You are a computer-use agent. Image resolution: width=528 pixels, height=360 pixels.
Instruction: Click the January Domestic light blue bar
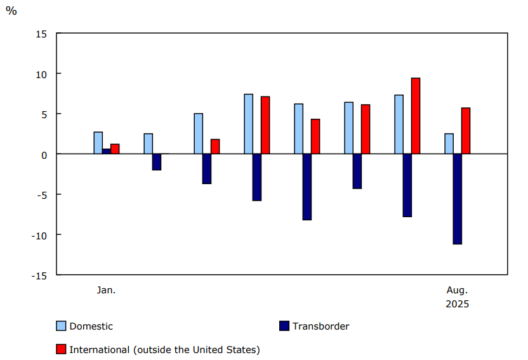[98, 143]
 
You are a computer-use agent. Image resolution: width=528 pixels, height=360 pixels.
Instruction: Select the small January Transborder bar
[107, 151]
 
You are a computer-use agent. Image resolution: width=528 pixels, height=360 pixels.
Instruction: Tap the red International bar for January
[115, 149]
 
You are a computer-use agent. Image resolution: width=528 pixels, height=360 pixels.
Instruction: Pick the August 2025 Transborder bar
[457, 199]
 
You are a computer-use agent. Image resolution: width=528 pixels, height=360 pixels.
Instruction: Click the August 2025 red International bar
[466, 131]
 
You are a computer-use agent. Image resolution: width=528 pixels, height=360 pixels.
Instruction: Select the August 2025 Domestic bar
[449, 143]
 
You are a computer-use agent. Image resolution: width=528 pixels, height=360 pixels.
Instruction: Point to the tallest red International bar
[416, 116]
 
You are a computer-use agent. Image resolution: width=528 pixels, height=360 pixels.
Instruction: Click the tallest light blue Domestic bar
[248, 124]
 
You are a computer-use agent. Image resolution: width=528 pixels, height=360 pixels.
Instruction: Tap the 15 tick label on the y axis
[40, 34]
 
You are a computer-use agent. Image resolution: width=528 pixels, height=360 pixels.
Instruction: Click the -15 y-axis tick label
[38, 275]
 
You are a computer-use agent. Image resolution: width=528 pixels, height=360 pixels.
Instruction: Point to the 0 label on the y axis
[43, 154]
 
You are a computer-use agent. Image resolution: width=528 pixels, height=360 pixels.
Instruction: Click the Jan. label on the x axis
[106, 290]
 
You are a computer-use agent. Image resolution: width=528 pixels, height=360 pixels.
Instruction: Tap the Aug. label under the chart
[457, 290]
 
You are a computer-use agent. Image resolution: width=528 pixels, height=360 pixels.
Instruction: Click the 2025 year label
[457, 304]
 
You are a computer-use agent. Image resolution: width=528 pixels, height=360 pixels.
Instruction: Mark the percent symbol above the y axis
[11, 11]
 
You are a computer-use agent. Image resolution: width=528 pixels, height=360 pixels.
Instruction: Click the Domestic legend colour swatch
[61, 326]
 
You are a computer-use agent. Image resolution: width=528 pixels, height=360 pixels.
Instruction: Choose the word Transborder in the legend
[320, 326]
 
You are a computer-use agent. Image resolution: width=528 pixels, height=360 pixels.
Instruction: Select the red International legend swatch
[61, 349]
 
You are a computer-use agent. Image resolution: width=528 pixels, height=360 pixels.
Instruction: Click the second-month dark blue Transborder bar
[157, 162]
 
